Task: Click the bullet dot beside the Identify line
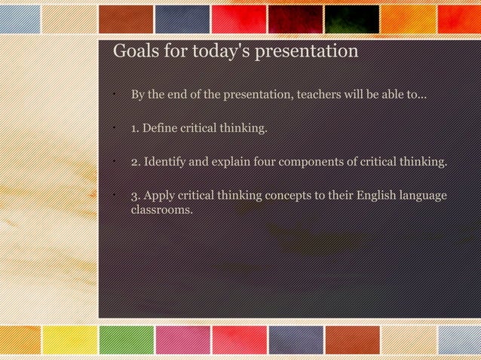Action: pos(111,160)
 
